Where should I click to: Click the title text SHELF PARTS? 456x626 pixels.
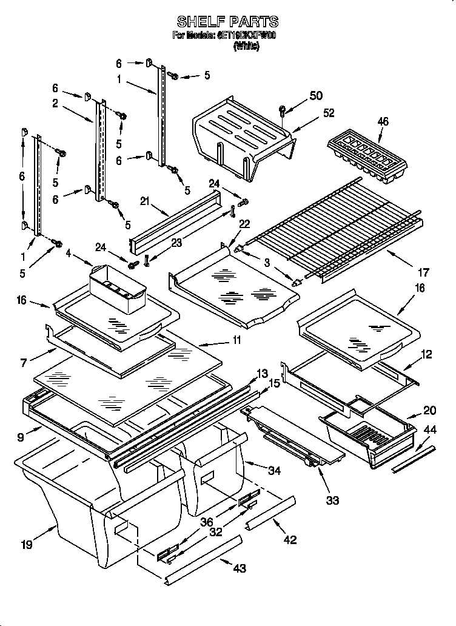(227, 22)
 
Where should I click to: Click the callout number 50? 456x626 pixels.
(316, 95)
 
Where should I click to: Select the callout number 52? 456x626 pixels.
(329, 113)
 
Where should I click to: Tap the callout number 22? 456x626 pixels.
(244, 224)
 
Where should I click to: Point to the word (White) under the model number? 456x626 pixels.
(246, 47)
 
